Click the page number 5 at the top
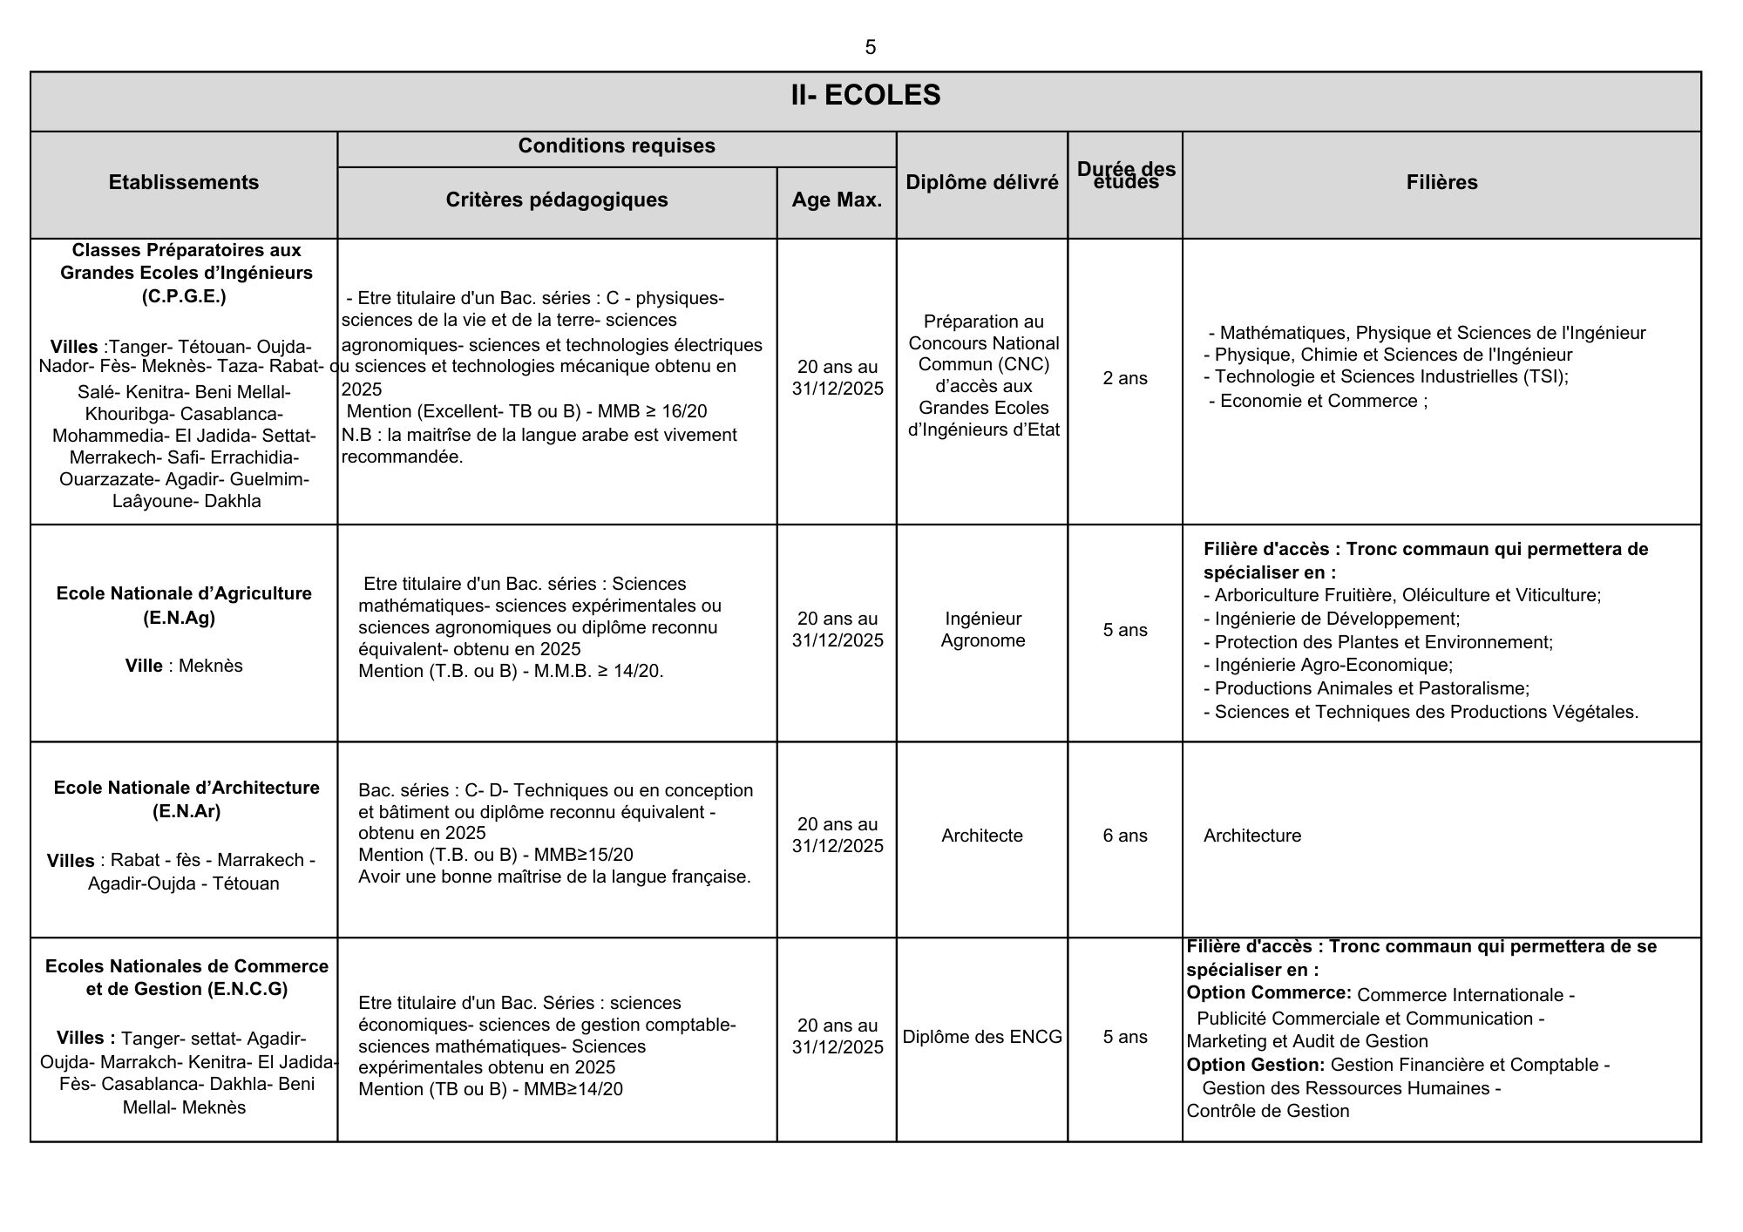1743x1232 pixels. click(x=870, y=48)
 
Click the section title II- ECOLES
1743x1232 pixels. click(x=865, y=95)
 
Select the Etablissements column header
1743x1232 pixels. click(x=184, y=182)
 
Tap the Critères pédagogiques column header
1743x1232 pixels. click(x=557, y=200)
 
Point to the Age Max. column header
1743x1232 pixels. click(x=837, y=200)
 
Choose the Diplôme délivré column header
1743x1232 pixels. click(x=982, y=182)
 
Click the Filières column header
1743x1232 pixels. click(x=1441, y=182)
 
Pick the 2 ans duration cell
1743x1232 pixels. click(x=1125, y=378)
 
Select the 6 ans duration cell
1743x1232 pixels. click(x=1125, y=836)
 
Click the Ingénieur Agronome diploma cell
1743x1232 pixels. click(x=983, y=629)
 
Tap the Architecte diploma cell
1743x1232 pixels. click(x=982, y=836)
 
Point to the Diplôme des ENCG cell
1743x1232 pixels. click(x=982, y=1037)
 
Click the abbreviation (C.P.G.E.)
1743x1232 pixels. click(x=184, y=296)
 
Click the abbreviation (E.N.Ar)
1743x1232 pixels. click(x=187, y=811)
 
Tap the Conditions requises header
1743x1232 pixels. click(x=616, y=146)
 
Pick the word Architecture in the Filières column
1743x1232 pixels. click(x=1251, y=836)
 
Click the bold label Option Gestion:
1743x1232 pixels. click(x=1255, y=1065)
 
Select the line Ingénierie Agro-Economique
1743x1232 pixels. click(x=1333, y=665)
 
